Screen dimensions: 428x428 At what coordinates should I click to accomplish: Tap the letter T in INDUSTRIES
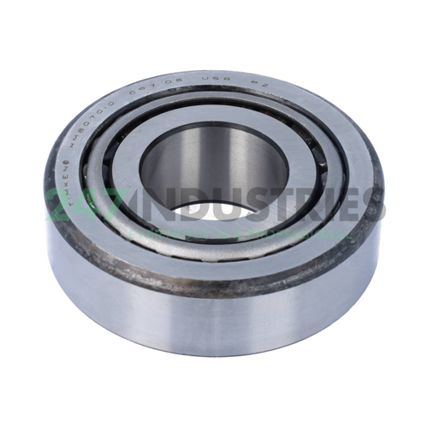279,206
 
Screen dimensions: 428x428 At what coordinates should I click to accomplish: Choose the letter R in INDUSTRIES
304,206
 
